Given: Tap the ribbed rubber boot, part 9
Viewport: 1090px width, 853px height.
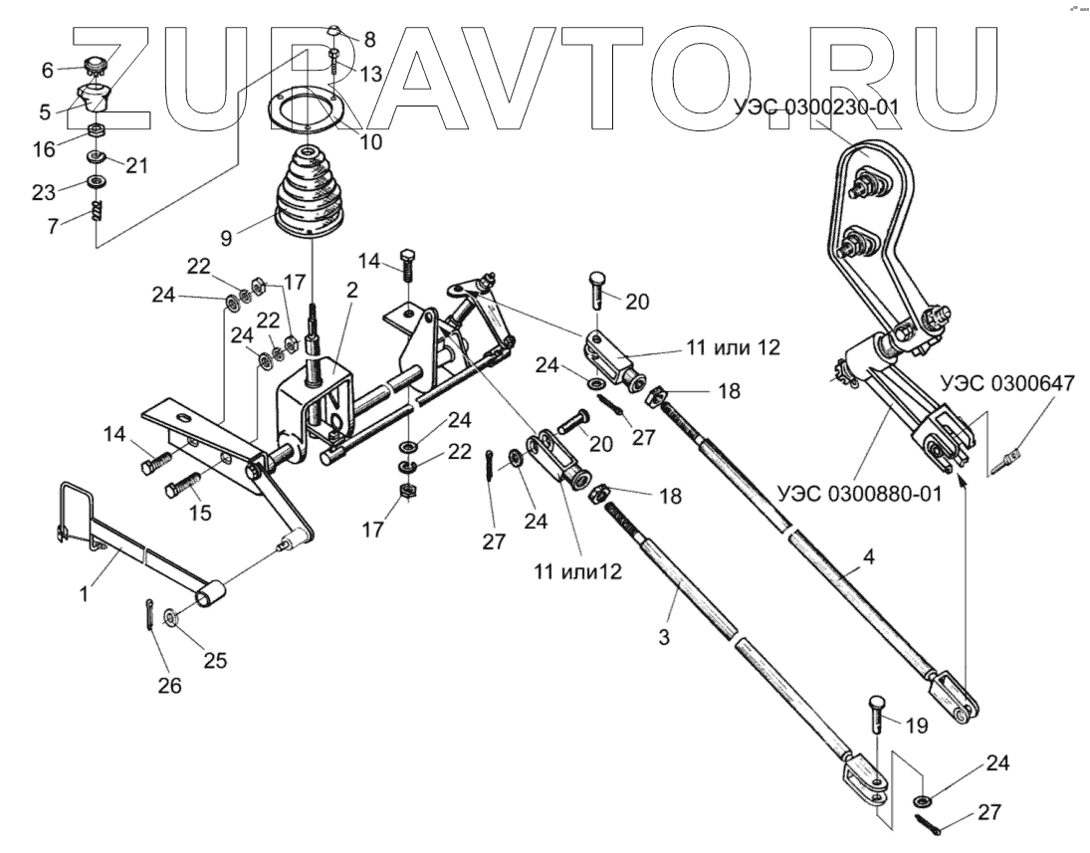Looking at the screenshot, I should (311, 194).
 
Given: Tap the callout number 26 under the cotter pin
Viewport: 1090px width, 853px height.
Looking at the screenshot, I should (171, 686).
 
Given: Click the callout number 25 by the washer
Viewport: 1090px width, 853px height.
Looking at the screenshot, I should (215, 659).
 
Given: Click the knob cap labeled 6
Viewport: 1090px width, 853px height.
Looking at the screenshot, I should (96, 68).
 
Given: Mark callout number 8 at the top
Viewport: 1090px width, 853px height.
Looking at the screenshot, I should (369, 40).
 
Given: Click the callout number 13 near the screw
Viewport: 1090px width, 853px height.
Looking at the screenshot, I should (370, 74).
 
